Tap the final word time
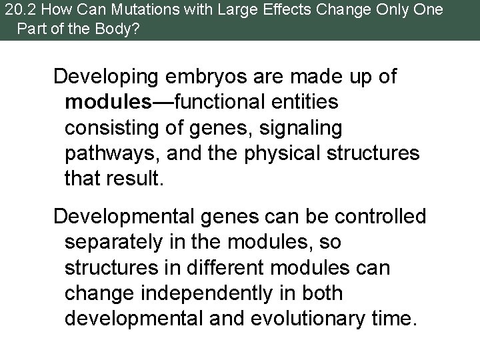tap(392, 318)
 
